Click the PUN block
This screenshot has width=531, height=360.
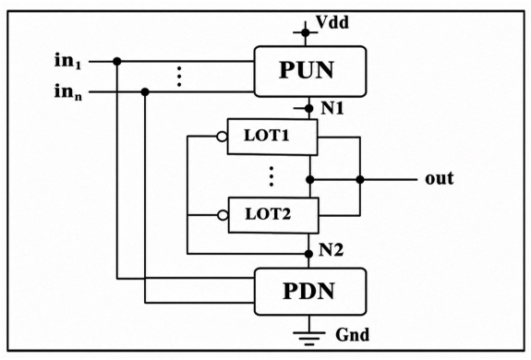[310, 71]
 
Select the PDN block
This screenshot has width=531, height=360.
[310, 292]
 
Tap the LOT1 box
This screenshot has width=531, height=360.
[272, 137]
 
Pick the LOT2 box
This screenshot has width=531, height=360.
[273, 215]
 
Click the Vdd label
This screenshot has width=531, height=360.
[332, 23]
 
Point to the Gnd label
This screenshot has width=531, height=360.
[352, 335]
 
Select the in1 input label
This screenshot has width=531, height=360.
[68, 61]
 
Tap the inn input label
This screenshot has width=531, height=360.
[68, 91]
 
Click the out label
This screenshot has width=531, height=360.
[439, 179]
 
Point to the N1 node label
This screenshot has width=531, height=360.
[332, 108]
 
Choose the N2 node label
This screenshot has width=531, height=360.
[331, 250]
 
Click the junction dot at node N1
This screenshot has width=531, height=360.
[308, 109]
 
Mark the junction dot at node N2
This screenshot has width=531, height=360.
[308, 254]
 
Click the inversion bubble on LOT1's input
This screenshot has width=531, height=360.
[222, 137]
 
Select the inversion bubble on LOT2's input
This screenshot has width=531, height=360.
[223, 215]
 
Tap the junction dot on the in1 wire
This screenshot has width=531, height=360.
[117, 62]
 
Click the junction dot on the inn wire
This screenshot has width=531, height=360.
[145, 91]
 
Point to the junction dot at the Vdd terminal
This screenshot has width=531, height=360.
[306, 32]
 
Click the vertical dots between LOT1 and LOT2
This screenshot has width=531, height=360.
[272, 176]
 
